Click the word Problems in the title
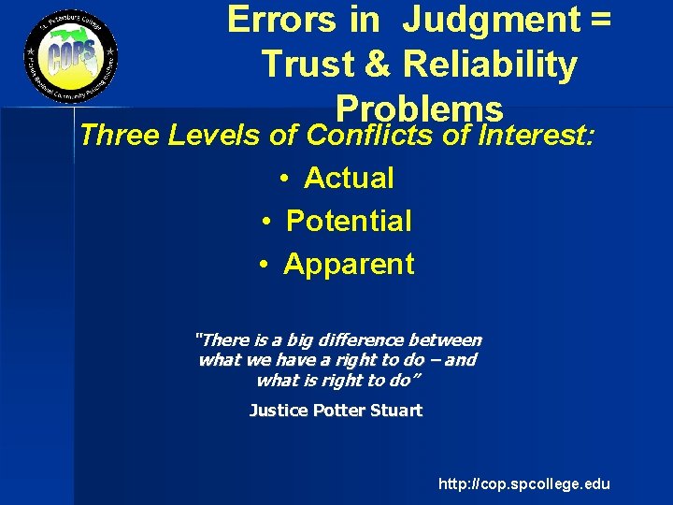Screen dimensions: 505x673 420,108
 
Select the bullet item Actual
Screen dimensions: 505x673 350,178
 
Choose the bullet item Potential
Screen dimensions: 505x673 349,221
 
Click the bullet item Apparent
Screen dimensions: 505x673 349,264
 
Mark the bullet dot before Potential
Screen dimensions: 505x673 266,222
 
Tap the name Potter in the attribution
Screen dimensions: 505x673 338,410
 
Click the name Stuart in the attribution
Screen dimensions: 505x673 396,410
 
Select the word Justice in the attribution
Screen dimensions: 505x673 277,410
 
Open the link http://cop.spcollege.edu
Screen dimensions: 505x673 524,483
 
